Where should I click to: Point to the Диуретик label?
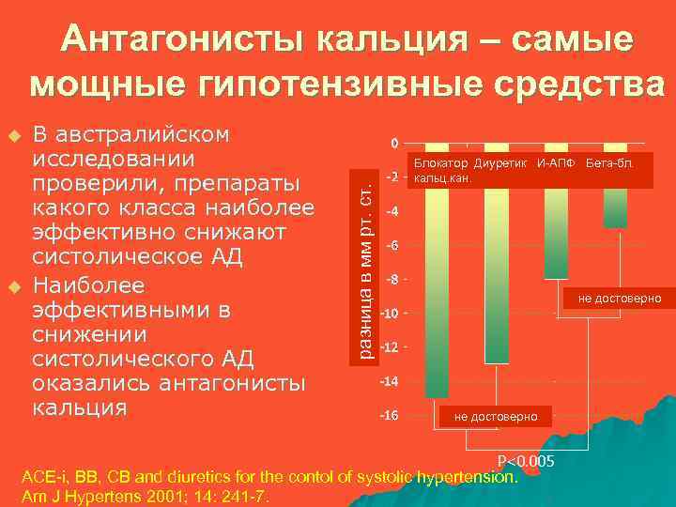point(501,164)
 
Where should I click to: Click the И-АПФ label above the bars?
point(554,164)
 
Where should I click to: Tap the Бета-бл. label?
point(609,164)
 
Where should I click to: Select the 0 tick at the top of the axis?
point(395,144)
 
